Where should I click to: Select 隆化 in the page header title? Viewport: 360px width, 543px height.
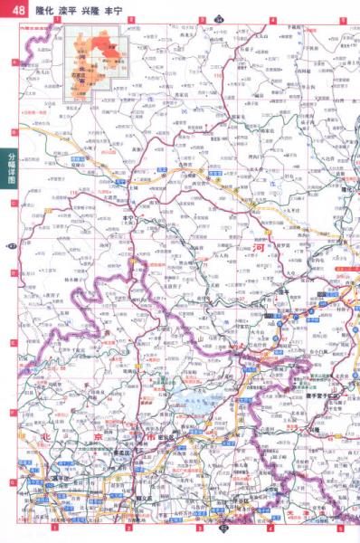point(43,9)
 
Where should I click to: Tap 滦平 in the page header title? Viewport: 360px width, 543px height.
point(67,9)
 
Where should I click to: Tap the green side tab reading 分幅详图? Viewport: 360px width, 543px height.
point(10,168)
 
